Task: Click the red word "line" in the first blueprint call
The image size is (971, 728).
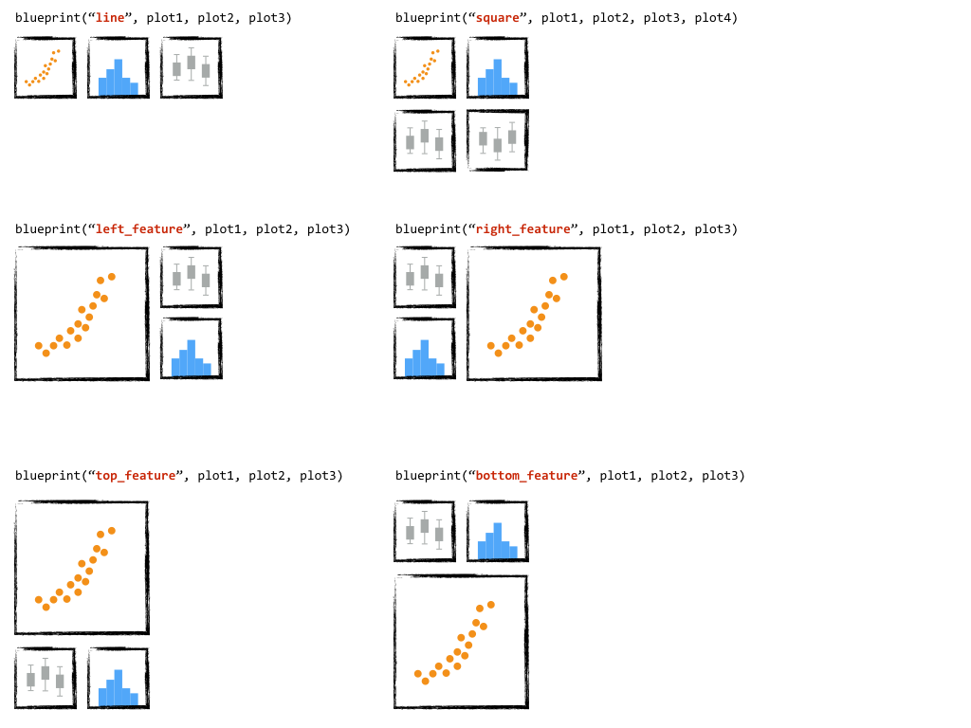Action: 110,18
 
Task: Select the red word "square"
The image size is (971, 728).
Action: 498,18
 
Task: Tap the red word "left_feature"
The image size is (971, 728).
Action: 139,229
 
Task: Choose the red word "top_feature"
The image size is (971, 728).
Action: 136,476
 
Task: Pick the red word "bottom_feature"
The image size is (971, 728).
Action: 527,476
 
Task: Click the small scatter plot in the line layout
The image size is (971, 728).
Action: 45,68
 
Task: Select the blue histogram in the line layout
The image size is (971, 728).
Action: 119,68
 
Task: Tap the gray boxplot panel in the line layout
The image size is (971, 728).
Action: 191,68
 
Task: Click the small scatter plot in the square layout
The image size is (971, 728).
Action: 424,68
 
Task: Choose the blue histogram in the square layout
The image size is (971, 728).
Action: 497,68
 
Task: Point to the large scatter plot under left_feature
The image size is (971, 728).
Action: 82,314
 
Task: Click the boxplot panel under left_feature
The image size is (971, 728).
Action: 191,278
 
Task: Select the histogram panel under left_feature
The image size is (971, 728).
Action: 191,349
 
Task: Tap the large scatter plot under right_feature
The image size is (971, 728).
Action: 534,314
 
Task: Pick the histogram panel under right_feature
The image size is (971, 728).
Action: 424,349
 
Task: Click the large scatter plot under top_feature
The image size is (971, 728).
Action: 82,568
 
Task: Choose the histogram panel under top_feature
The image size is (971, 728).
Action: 119,679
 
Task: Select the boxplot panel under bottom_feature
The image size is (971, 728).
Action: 424,532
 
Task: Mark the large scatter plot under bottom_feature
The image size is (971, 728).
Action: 461,642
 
